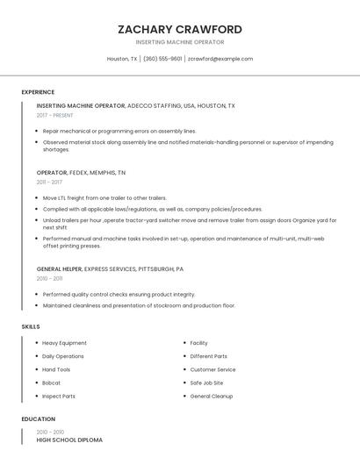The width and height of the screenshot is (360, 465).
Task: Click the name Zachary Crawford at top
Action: pyautogui.click(x=179, y=29)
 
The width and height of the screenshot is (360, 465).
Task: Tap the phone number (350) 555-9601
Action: pyautogui.click(x=162, y=59)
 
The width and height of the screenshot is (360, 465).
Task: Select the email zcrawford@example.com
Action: pyautogui.click(x=220, y=59)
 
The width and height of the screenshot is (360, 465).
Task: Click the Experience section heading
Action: pyautogui.click(x=38, y=92)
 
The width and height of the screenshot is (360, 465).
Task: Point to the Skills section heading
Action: pyautogui.click(x=31, y=326)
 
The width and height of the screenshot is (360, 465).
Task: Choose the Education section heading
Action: pyautogui.click(x=38, y=419)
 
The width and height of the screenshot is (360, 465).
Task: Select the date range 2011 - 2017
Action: pyautogui.click(x=49, y=182)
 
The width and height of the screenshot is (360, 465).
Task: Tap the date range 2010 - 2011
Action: pyautogui.click(x=49, y=278)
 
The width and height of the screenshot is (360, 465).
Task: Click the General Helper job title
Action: pyautogui.click(x=59, y=268)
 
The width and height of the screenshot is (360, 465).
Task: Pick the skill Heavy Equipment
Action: pyautogui.click(x=64, y=343)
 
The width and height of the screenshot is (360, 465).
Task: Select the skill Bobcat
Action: pyautogui.click(x=51, y=383)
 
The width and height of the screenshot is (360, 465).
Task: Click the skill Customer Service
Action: pyautogui.click(x=212, y=369)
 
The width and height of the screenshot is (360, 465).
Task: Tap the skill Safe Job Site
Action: pyautogui.click(x=206, y=383)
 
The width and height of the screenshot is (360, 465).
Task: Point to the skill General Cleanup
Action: pyautogui.click(x=211, y=397)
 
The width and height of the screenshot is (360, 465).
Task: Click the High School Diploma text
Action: pyautogui.click(x=69, y=440)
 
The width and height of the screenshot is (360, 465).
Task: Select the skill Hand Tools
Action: pyautogui.click(x=56, y=369)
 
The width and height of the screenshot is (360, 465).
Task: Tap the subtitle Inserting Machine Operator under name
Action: pyautogui.click(x=179, y=42)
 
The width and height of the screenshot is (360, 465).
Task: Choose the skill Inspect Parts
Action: pyautogui.click(x=58, y=397)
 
